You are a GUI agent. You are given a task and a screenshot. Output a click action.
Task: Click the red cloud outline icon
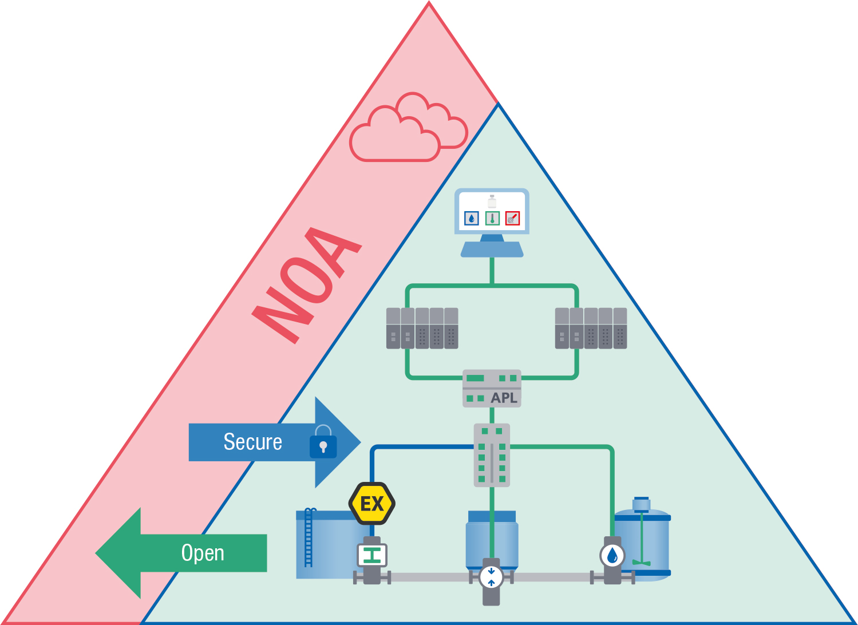[x=408, y=129]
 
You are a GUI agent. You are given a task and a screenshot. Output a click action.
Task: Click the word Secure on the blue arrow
[x=252, y=442]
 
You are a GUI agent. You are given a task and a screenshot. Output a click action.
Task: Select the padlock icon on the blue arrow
[x=323, y=443]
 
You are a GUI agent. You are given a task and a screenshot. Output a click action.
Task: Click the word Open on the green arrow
[x=203, y=553]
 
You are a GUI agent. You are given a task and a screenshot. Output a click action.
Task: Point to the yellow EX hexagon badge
[x=372, y=504]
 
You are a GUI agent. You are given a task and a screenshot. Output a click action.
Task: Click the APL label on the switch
[x=504, y=398]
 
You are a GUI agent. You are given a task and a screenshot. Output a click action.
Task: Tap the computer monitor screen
[x=492, y=211]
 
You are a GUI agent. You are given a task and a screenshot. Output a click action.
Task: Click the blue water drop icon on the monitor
[x=471, y=218]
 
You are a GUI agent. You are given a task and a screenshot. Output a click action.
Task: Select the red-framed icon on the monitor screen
[x=512, y=218]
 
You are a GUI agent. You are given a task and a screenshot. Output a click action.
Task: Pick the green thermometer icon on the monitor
[x=492, y=218]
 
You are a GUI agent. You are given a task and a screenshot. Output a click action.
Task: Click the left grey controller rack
[x=422, y=328]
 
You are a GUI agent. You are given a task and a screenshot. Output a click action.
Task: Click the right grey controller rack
[x=591, y=328]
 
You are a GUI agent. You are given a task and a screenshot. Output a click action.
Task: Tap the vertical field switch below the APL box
[x=492, y=455]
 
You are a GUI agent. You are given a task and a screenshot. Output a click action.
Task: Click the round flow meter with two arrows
[x=491, y=576]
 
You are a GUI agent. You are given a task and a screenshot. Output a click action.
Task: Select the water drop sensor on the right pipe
[x=612, y=555]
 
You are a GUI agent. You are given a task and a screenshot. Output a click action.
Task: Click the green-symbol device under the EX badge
[x=372, y=555]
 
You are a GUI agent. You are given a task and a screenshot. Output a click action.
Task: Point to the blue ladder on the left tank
[x=309, y=537]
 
